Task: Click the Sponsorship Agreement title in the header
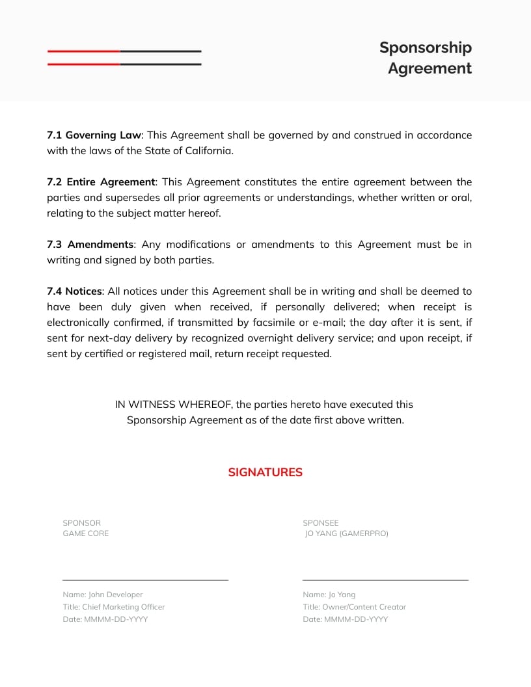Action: (x=426, y=58)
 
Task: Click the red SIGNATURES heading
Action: (x=265, y=472)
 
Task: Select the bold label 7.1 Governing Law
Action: (x=94, y=135)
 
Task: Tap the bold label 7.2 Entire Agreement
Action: (x=101, y=182)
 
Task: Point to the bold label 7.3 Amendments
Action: (x=90, y=245)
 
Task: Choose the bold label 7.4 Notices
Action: (x=74, y=291)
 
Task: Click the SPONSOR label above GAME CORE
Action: (x=81, y=523)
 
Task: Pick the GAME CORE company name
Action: (x=85, y=533)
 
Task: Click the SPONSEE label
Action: (x=320, y=523)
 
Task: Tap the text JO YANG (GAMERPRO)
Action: (x=346, y=533)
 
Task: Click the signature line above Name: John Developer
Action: (x=145, y=579)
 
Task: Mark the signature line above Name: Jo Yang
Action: (x=385, y=579)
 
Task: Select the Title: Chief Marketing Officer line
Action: (x=113, y=607)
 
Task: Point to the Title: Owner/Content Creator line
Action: (x=354, y=607)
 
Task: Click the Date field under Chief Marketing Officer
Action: (x=105, y=619)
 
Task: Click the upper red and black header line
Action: (x=124, y=51)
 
